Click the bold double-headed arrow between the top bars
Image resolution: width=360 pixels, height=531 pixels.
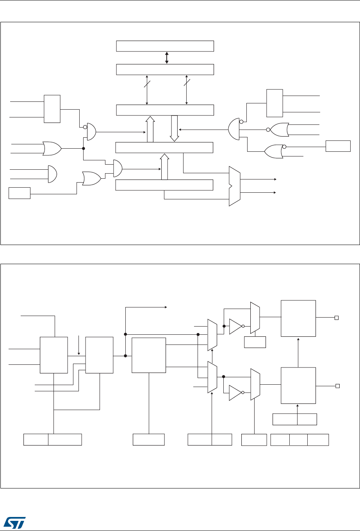pyautogui.click(x=167, y=57)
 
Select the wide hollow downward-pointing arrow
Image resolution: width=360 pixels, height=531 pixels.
pyautogui.click(x=174, y=128)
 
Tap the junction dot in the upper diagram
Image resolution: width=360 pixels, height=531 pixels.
pyautogui.click(x=84, y=148)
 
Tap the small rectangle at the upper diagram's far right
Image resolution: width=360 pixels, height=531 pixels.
pyautogui.click(x=338, y=146)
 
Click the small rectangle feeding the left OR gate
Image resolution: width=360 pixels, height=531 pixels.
pyautogui.click(x=20, y=193)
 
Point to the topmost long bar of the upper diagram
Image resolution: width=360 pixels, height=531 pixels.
pyautogui.click(x=165, y=46)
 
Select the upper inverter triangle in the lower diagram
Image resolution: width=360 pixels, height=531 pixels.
pyautogui.click(x=236, y=326)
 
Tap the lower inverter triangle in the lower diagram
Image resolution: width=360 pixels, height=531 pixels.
pyautogui.click(x=236, y=393)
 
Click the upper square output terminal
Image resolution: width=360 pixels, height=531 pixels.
pyautogui.click(x=336, y=318)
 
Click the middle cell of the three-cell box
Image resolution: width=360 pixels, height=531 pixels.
pyautogui.click(x=298, y=440)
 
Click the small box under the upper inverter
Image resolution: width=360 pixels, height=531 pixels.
pyautogui.click(x=255, y=342)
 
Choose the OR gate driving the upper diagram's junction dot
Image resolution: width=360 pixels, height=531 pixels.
pyautogui.click(x=52, y=148)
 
